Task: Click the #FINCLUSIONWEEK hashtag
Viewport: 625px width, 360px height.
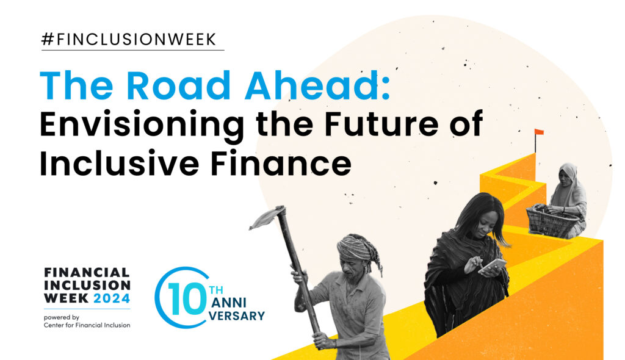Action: [x=129, y=40]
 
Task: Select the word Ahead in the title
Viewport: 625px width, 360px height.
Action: [x=317, y=85]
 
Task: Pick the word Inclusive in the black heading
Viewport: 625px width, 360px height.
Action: [x=119, y=163]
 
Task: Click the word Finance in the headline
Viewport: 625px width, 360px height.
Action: [x=281, y=163]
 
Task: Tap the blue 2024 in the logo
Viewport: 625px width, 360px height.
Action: [x=112, y=298]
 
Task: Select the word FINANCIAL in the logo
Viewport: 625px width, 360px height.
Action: [x=87, y=273]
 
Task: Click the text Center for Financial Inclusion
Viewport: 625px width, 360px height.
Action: [x=87, y=325]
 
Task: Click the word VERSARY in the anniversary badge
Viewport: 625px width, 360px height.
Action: [x=237, y=315]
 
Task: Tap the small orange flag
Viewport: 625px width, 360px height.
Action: [x=539, y=132]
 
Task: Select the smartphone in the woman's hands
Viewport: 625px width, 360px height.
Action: [x=493, y=265]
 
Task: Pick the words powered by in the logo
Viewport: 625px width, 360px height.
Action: [x=62, y=317]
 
